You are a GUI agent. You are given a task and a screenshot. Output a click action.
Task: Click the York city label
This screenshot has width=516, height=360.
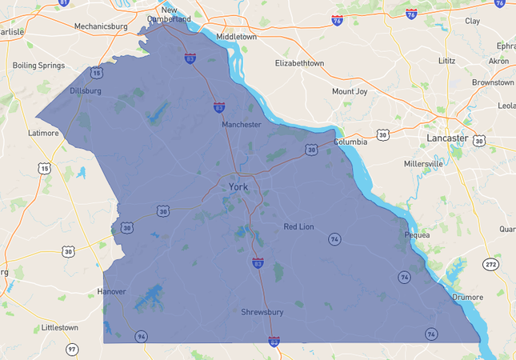click(x=238, y=187)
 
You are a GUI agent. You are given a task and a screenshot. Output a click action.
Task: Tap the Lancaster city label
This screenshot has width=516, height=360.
click(x=447, y=138)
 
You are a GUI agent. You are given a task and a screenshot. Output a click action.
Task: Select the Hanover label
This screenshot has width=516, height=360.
click(x=111, y=291)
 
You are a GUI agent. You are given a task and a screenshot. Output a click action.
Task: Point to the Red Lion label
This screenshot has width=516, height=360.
click(x=299, y=227)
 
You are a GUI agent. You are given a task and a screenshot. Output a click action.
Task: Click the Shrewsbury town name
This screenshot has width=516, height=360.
click(x=262, y=312)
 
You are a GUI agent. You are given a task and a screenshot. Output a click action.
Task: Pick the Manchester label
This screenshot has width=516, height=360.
click(x=242, y=125)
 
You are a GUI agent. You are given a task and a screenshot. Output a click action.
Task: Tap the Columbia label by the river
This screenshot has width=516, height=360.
click(x=350, y=142)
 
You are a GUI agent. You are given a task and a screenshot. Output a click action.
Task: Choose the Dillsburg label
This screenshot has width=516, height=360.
click(x=86, y=91)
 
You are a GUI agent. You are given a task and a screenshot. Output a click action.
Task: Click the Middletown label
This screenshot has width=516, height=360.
click(x=237, y=37)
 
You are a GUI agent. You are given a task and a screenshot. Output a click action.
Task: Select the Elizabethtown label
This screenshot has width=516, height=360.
click(x=299, y=62)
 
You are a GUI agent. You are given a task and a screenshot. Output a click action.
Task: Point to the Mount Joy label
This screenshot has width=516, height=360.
click(x=350, y=91)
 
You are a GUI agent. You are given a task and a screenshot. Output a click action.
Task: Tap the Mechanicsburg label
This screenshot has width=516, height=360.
click(x=101, y=26)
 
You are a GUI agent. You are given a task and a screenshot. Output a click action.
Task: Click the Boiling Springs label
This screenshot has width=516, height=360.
click(x=37, y=65)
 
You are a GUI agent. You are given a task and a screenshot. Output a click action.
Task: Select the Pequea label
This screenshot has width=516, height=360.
click(x=417, y=235)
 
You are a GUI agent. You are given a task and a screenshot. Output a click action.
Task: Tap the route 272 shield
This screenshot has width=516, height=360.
click(x=490, y=264)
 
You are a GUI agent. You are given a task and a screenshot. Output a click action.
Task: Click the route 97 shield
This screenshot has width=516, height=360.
click(x=72, y=349)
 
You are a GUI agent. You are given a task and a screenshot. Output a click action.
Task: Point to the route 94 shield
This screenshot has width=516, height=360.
click(x=141, y=336)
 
